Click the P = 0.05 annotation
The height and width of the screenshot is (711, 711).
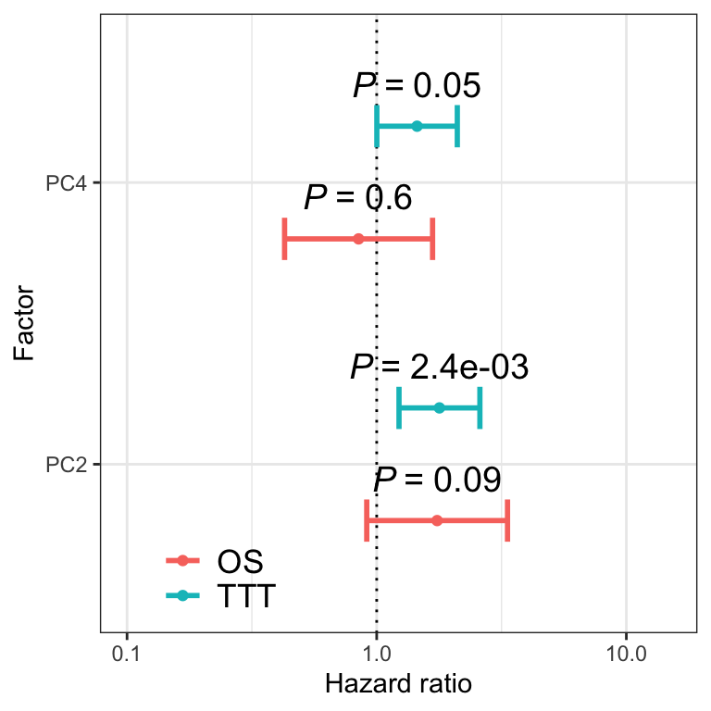417,86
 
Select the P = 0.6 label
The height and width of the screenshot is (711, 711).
357,197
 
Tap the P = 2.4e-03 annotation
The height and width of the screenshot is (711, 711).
439,368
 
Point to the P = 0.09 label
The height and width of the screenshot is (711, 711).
437,480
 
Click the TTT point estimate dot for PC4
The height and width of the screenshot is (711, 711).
417,126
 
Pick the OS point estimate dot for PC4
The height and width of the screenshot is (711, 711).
358,238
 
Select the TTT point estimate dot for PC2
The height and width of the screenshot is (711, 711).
439,407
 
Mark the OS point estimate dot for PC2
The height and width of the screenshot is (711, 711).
437,520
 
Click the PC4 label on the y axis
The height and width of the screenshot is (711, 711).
67,183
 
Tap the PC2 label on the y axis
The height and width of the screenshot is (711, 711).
67,464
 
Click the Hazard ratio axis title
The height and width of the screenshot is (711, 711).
398,685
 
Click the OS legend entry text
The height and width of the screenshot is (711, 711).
240,561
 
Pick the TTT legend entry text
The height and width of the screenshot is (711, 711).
245,596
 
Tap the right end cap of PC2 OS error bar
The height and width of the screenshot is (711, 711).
507,520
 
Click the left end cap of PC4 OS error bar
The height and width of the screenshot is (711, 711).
285,238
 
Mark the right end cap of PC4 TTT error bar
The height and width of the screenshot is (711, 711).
457,126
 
